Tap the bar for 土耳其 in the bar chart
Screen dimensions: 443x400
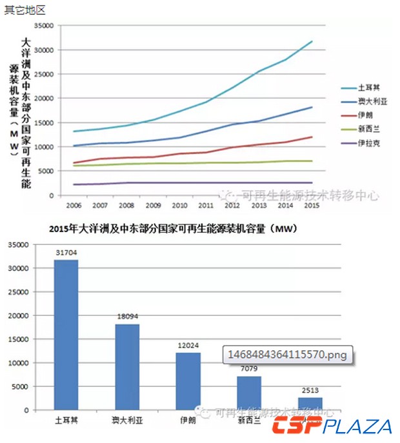(x=66, y=335)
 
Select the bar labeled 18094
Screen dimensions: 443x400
(x=127, y=367)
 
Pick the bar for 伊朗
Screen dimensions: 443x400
(x=188, y=381)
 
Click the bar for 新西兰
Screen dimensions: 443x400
(x=248, y=393)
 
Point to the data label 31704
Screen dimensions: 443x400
(x=66, y=253)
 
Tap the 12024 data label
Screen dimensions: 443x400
(x=188, y=346)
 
